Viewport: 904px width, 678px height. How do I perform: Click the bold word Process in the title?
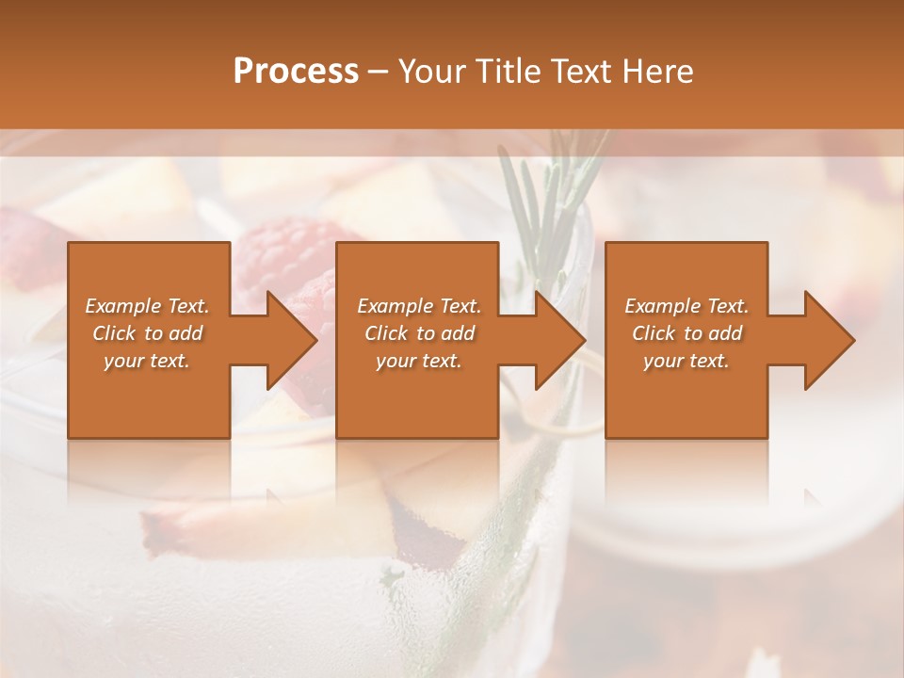pyautogui.click(x=296, y=71)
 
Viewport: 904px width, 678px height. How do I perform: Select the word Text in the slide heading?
pyautogui.click(x=582, y=71)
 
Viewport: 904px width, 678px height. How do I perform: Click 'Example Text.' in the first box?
pyautogui.click(x=147, y=306)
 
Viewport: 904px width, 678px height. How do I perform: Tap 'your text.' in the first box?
pyautogui.click(x=147, y=361)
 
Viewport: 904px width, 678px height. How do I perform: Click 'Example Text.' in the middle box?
pyautogui.click(x=419, y=306)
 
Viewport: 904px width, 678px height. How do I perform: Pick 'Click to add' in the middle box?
pyautogui.click(x=419, y=333)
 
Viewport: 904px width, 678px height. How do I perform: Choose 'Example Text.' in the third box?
pyautogui.click(x=686, y=306)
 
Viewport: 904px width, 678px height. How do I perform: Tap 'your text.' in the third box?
pyautogui.click(x=686, y=361)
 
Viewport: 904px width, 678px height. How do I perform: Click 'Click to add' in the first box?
pyautogui.click(x=147, y=333)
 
